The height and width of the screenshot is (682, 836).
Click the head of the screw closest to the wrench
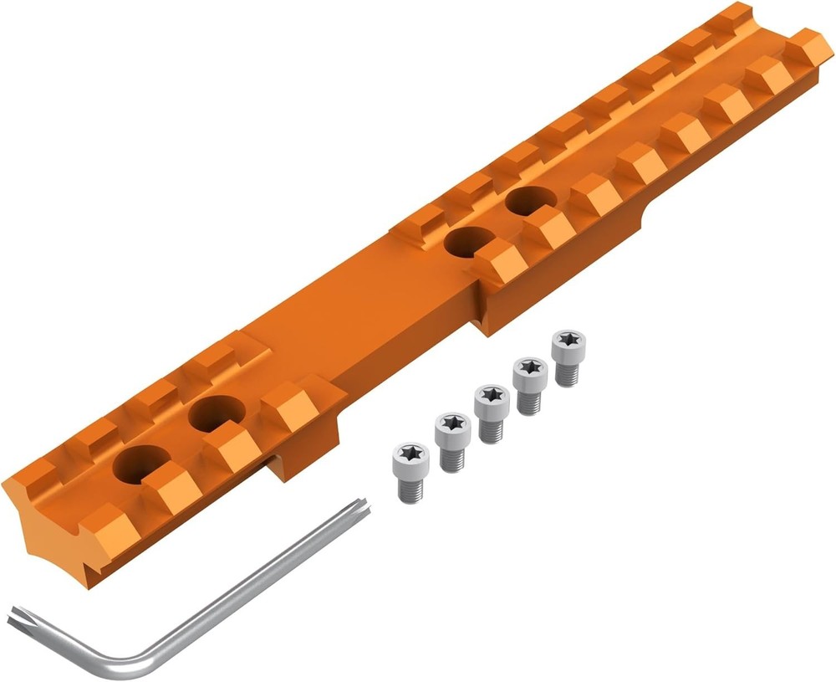[x=410, y=454]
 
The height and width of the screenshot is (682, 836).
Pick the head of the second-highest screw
[x=530, y=368]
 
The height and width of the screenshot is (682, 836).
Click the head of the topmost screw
[x=568, y=341]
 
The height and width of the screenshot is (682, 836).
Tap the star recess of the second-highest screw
[x=530, y=367]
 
